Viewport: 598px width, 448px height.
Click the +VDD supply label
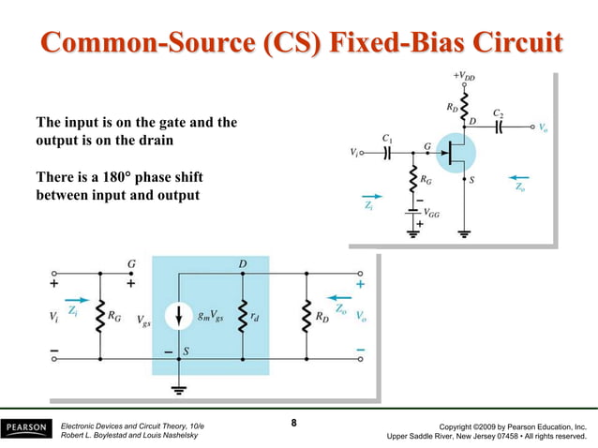pos(463,73)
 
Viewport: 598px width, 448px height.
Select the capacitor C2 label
pos(500,112)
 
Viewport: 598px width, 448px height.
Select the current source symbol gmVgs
pos(178,317)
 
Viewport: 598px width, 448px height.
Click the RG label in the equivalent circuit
pos(114,317)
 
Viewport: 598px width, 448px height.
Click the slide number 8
pos(293,424)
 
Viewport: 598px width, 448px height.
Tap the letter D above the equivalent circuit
pos(243,263)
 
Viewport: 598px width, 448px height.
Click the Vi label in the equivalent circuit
pos(54,318)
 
